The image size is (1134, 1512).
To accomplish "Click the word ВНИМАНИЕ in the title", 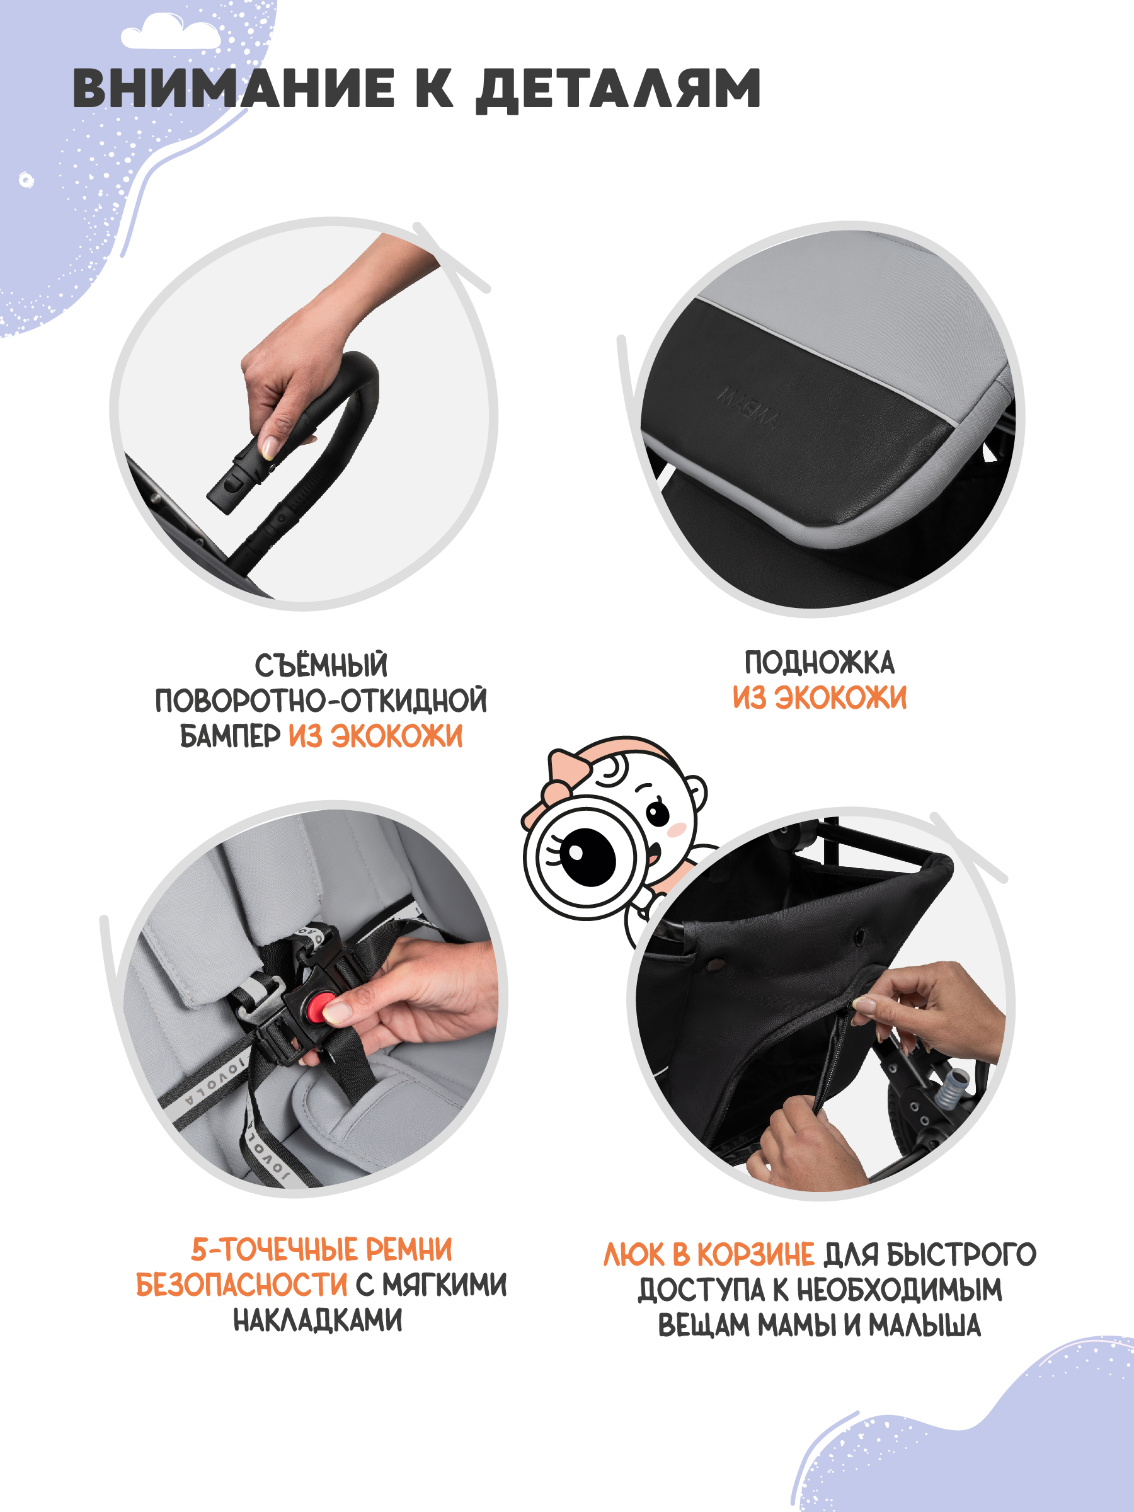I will tap(232, 89).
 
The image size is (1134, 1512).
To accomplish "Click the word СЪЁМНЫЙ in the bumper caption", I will tap(321, 665).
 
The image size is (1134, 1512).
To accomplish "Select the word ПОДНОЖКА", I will tap(819, 663).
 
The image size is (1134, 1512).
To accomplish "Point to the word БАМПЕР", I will tap(230, 736).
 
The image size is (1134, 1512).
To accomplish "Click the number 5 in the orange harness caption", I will tap(198, 1249).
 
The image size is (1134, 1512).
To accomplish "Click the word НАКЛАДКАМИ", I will tap(318, 1320).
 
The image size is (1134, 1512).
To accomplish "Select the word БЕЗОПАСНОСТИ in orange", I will tap(241, 1285).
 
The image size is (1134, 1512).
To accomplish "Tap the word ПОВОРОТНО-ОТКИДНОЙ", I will tap(321, 701).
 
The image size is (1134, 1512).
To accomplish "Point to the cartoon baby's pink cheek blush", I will tap(677, 830).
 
